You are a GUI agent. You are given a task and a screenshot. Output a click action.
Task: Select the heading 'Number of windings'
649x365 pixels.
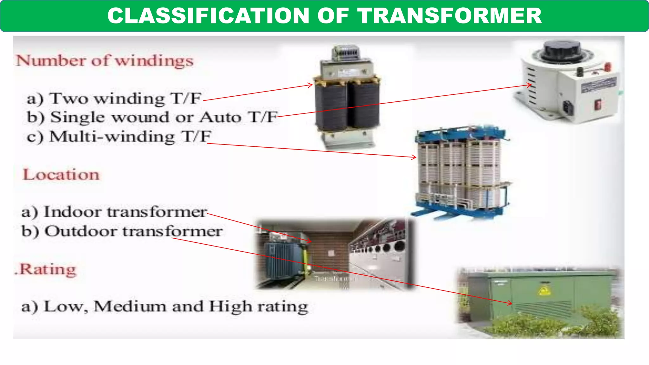[x=105, y=61]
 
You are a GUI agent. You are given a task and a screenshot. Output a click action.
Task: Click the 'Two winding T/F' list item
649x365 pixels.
[x=114, y=99]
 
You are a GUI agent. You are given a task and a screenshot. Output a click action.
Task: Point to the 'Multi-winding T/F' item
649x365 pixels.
[x=119, y=137]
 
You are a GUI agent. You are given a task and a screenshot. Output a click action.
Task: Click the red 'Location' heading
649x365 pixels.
[x=61, y=175]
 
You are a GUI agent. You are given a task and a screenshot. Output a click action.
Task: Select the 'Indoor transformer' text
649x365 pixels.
[x=114, y=212]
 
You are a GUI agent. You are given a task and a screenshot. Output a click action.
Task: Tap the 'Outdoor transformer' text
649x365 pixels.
[x=122, y=231]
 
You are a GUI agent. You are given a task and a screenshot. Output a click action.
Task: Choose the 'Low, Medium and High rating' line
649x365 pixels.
[x=165, y=306]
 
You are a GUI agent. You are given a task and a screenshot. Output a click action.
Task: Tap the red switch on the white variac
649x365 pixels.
[x=598, y=104]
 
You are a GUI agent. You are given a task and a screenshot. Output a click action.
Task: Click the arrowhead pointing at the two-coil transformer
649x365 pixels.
[x=311, y=85]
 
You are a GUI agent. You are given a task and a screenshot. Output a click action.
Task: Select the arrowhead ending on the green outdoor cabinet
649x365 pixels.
[x=510, y=303]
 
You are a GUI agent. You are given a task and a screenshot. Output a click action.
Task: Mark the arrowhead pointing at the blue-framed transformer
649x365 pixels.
[x=414, y=157]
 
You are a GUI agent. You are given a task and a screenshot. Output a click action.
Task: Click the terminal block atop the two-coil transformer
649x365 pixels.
[x=346, y=52]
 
